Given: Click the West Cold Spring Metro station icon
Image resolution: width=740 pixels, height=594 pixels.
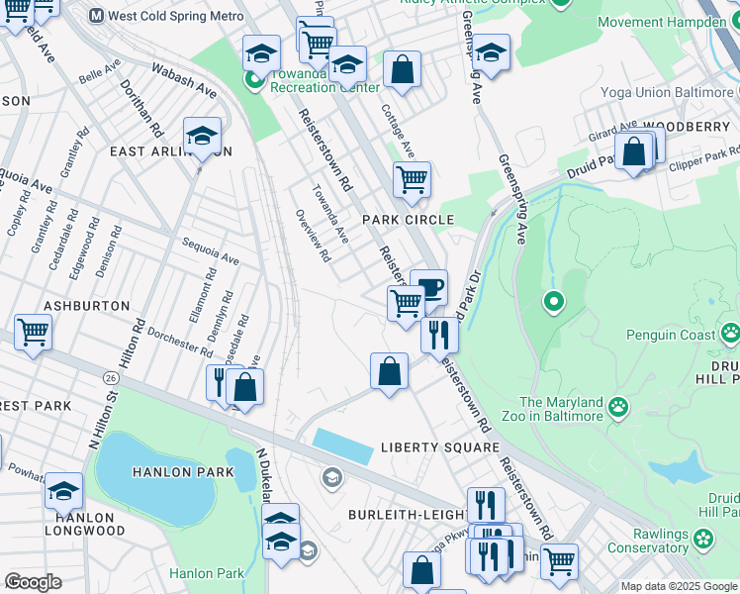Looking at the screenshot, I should (96, 16).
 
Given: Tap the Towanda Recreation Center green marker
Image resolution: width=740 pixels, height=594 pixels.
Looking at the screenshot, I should (253, 81).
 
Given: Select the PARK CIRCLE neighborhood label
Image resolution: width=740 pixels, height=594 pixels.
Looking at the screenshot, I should (408, 219).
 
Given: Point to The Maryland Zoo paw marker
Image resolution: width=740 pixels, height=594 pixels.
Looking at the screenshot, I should (618, 404).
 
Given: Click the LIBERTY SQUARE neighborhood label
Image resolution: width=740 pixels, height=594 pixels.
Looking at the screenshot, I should (440, 448).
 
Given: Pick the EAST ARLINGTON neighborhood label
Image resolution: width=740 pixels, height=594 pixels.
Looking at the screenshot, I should (170, 151).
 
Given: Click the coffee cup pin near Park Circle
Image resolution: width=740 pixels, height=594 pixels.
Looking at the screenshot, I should (428, 287).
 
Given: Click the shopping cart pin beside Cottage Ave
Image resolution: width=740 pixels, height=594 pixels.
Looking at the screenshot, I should (411, 179).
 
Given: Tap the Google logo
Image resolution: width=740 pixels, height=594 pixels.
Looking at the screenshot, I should (33, 582).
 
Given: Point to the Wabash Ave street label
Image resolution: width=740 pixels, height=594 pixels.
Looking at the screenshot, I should (184, 81).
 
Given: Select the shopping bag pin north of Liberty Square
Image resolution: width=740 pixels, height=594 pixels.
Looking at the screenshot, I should (390, 371).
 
